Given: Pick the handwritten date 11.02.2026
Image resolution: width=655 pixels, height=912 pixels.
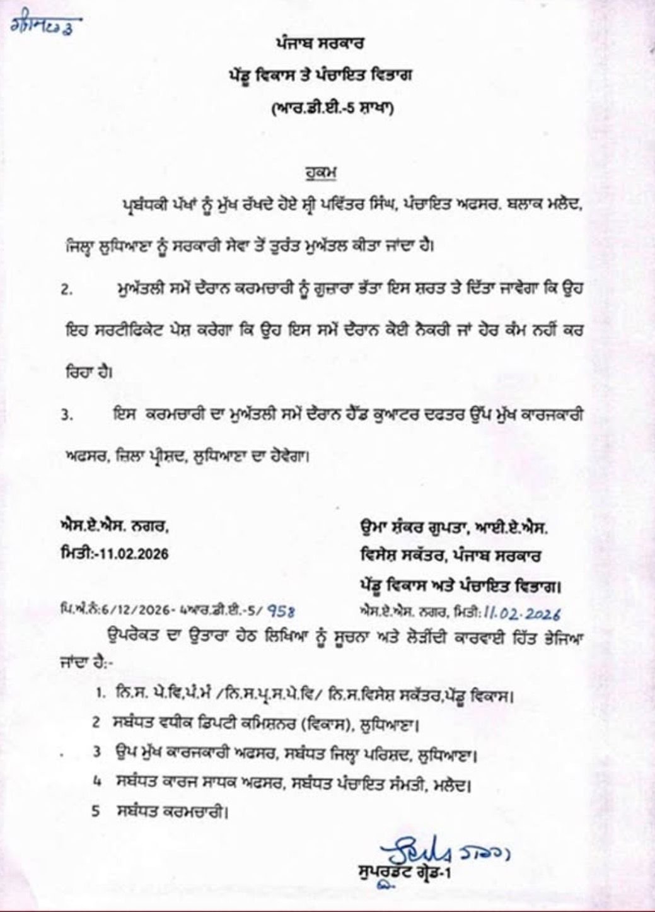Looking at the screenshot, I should click(x=523, y=611).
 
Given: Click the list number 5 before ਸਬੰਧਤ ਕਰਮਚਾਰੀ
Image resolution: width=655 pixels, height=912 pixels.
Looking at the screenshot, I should click(x=96, y=812).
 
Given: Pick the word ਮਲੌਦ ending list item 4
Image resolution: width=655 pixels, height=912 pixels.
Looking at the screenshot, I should click(x=453, y=786).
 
